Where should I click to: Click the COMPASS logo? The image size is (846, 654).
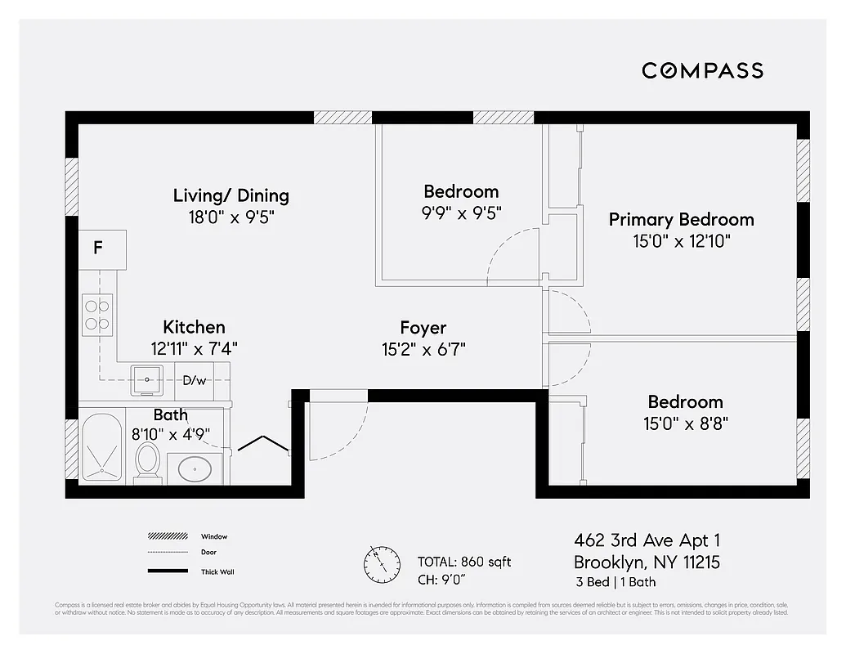tap(702, 70)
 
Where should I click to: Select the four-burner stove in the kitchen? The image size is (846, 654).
tap(97, 315)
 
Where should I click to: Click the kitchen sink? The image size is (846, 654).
tap(147, 380)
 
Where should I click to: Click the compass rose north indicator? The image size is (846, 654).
tap(381, 562)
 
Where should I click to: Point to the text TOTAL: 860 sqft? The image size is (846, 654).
tap(464, 562)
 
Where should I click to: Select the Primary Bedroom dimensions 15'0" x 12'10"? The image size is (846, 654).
tap(681, 241)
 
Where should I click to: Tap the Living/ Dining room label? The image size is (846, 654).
tap(231, 195)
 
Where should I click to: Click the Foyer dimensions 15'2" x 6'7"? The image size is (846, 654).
tap(423, 350)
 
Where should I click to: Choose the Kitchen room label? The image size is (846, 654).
tap(194, 326)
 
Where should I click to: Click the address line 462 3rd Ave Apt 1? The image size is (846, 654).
tap(647, 540)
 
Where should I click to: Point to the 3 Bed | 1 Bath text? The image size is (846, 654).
tap(615, 582)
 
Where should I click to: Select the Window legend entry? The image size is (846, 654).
tap(214, 536)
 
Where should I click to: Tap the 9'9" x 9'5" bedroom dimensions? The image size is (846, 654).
tap(461, 213)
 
